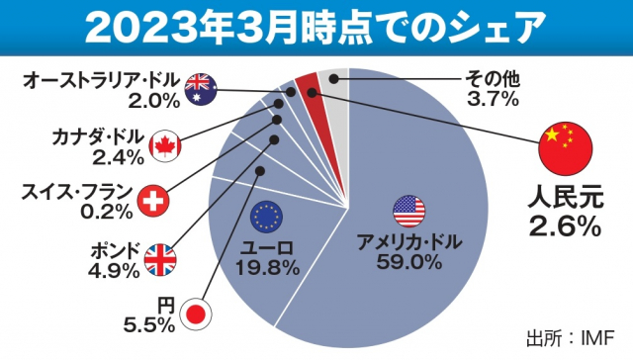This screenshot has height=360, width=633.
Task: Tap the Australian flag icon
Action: [201, 87]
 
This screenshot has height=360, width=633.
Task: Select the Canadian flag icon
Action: [165, 146]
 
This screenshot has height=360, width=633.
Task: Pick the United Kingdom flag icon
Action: [160, 259]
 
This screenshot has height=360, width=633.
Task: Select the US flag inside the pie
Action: [408, 209]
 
